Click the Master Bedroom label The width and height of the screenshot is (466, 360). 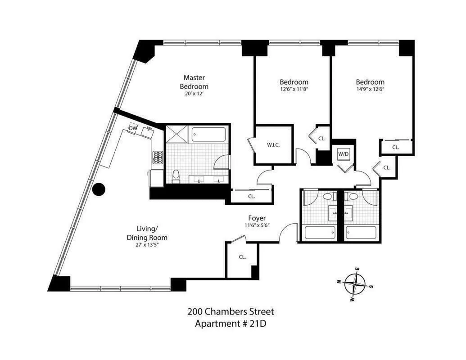pyautogui.click(x=194, y=82)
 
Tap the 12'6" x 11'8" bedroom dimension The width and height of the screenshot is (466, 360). pyautogui.click(x=294, y=89)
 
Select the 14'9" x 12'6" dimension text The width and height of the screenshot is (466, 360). pyautogui.click(x=370, y=89)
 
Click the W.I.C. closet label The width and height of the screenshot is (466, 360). pyautogui.click(x=274, y=145)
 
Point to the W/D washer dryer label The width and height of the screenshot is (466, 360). pyautogui.click(x=344, y=153)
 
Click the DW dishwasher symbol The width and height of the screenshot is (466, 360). pyautogui.click(x=133, y=128)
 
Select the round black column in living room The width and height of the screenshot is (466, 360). pyautogui.click(x=98, y=190)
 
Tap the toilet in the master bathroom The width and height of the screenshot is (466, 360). pyautogui.click(x=176, y=176)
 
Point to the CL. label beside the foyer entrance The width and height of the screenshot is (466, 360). pyautogui.click(x=242, y=257)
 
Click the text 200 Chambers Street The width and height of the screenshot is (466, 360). pyautogui.click(x=231, y=311)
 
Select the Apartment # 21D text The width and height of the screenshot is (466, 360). pyautogui.click(x=231, y=323)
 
